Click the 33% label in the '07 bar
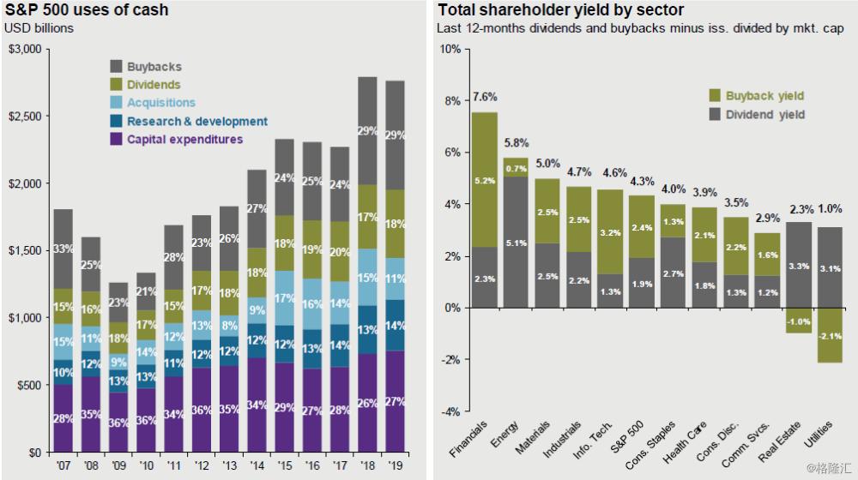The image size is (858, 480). [x=63, y=250]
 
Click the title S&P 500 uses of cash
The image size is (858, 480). [x=87, y=10]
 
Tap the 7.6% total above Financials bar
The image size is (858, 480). [x=485, y=97]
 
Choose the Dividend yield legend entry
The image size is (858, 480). [x=764, y=114]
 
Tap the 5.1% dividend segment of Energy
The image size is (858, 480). [x=516, y=243]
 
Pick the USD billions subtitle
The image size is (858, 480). [x=39, y=28]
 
